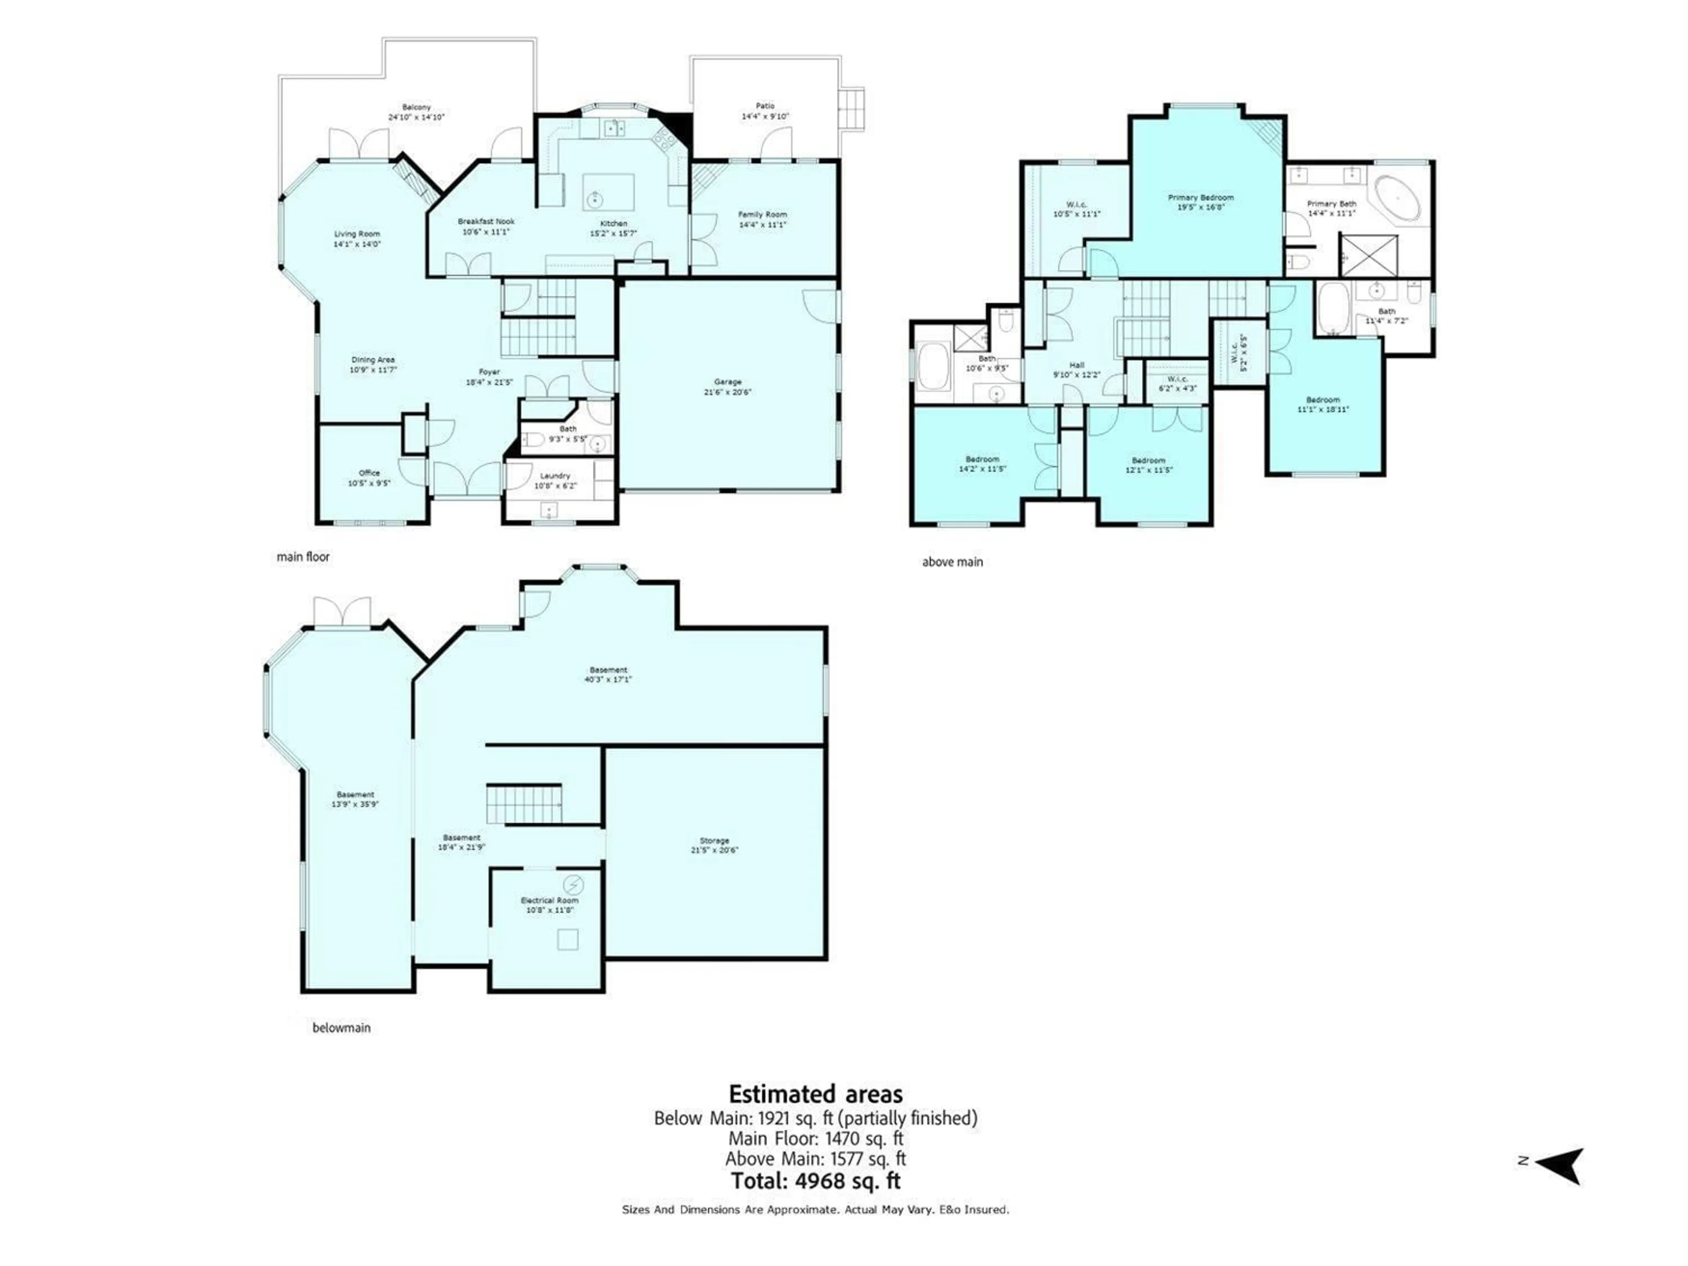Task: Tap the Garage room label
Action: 727,382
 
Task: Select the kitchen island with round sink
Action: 608,192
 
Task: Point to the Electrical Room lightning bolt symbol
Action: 573,884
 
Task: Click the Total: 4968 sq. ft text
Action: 815,1181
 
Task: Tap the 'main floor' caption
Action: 303,557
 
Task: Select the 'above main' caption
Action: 953,562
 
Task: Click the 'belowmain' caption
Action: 341,1028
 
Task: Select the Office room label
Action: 369,473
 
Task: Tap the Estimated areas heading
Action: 815,1094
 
